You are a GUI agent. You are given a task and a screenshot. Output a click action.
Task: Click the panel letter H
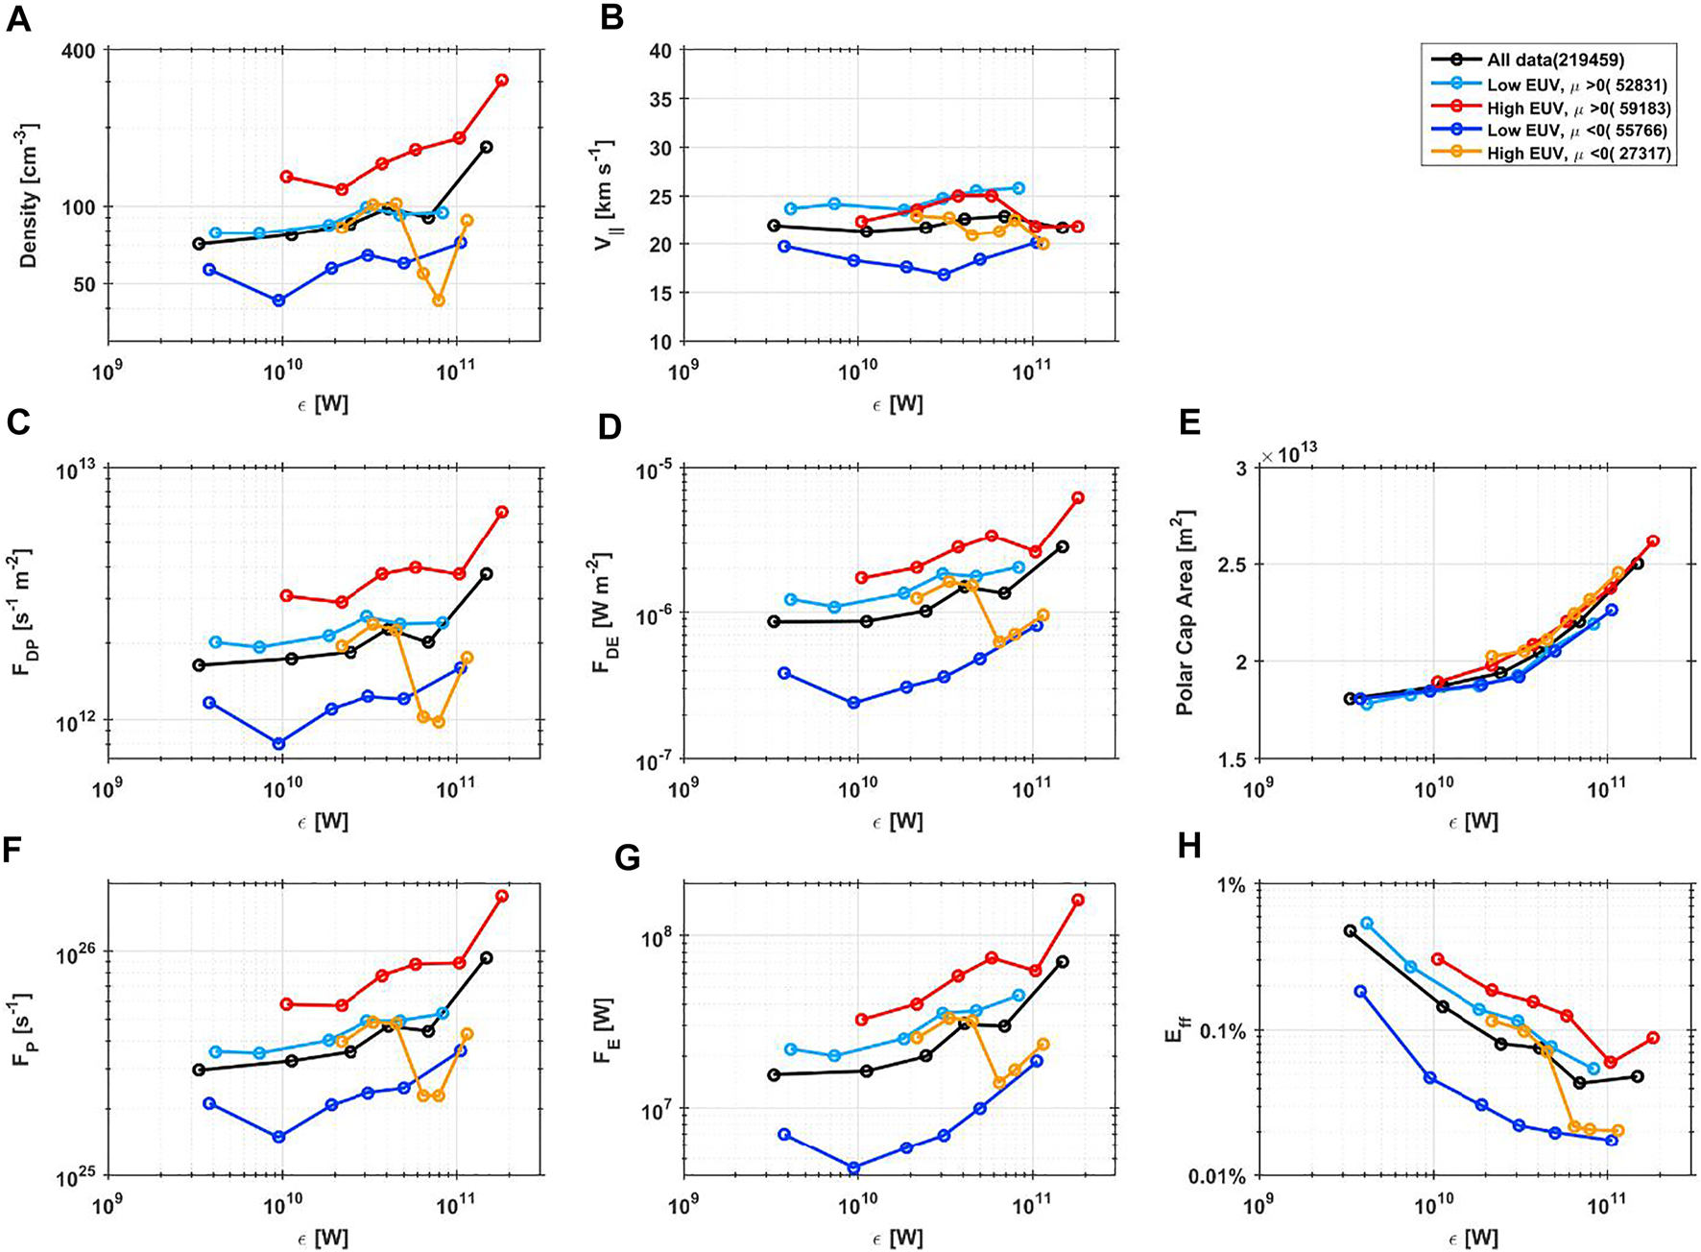1188,845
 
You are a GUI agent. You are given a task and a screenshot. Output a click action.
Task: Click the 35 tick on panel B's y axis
659,99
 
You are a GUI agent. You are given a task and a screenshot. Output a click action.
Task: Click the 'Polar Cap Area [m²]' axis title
1186,613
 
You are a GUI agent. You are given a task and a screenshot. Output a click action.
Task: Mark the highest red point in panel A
501,81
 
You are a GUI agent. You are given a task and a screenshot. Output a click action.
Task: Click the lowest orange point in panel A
439,301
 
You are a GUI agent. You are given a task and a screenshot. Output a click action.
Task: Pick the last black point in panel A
487,147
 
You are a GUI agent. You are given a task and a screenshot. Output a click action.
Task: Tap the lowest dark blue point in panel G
853,1168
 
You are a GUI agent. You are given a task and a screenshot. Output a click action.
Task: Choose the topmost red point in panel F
501,896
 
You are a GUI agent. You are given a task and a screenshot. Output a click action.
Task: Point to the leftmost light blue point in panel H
1367,923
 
